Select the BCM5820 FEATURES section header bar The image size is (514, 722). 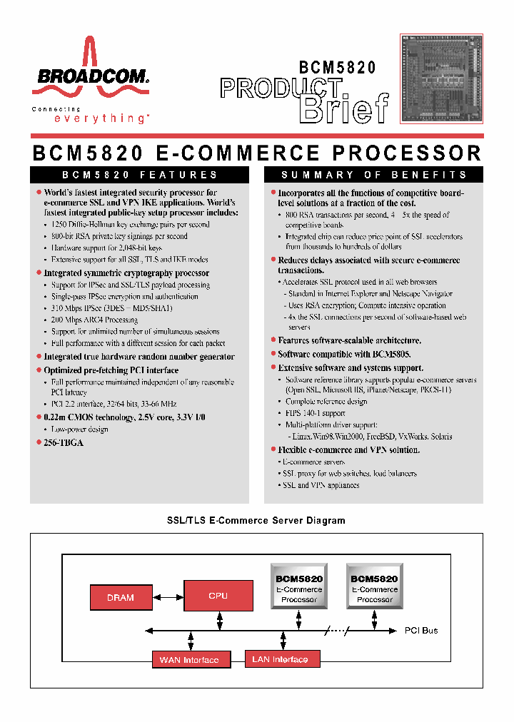(140, 175)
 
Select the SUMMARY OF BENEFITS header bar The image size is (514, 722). (374, 175)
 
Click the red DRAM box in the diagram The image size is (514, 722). (121, 597)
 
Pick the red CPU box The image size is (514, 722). (218, 596)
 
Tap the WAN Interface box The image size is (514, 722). (190, 660)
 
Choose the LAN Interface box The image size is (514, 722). (280, 659)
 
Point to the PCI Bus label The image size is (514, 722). (421, 631)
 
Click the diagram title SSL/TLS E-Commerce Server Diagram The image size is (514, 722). (256, 521)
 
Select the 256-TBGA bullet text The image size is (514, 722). (64, 443)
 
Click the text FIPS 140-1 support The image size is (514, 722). (316, 413)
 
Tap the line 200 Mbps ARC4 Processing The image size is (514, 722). (94, 320)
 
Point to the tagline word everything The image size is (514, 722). (101, 118)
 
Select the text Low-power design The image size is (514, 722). (79, 429)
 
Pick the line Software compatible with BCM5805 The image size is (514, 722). (344, 355)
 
